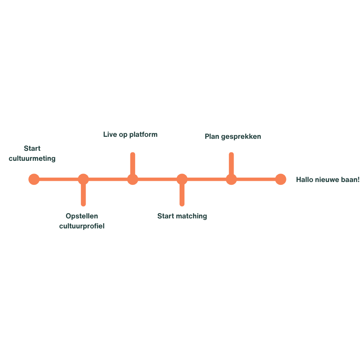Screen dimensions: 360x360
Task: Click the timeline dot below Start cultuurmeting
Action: pos(34,179)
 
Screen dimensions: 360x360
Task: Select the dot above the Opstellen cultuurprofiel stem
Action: pos(83,179)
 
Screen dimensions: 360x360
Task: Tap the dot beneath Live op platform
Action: pos(133,179)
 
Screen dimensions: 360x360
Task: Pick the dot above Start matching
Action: pos(182,179)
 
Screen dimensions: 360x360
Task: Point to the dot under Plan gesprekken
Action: pos(231,179)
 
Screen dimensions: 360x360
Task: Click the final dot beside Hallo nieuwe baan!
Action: pos(281,179)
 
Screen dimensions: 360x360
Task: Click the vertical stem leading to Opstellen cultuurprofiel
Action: pos(83,196)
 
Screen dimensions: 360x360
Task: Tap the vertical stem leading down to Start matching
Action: pos(182,196)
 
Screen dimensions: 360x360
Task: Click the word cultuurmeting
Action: pos(32,158)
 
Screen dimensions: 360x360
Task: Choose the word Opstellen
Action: pos(82,216)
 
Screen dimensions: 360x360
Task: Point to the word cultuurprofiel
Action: pos(82,226)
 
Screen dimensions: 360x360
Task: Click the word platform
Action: pos(143,134)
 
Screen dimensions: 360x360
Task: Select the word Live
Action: pos(110,134)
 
